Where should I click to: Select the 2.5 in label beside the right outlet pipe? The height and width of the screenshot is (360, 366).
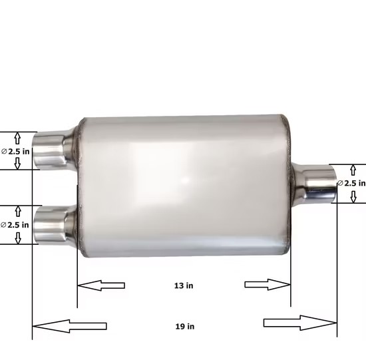tap(353, 183)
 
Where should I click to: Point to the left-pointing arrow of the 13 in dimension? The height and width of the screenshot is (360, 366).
tap(101, 285)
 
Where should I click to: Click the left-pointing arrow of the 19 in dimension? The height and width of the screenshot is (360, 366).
tap(69, 326)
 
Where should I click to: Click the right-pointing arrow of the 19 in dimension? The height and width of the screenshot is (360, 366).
tap(299, 323)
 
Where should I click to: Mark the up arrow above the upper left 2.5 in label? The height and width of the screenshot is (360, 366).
tap(18, 138)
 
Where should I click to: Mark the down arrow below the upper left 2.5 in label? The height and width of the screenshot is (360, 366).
tap(18, 164)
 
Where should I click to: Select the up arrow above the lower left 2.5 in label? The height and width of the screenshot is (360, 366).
tap(18, 212)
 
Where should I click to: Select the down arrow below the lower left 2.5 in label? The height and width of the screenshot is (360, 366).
tap(18, 238)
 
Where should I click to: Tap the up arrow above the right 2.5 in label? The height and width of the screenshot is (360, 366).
tap(353, 170)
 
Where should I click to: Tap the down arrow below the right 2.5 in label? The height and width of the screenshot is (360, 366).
tap(353, 196)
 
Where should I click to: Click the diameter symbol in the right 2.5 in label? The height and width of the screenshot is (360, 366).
tap(341, 183)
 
